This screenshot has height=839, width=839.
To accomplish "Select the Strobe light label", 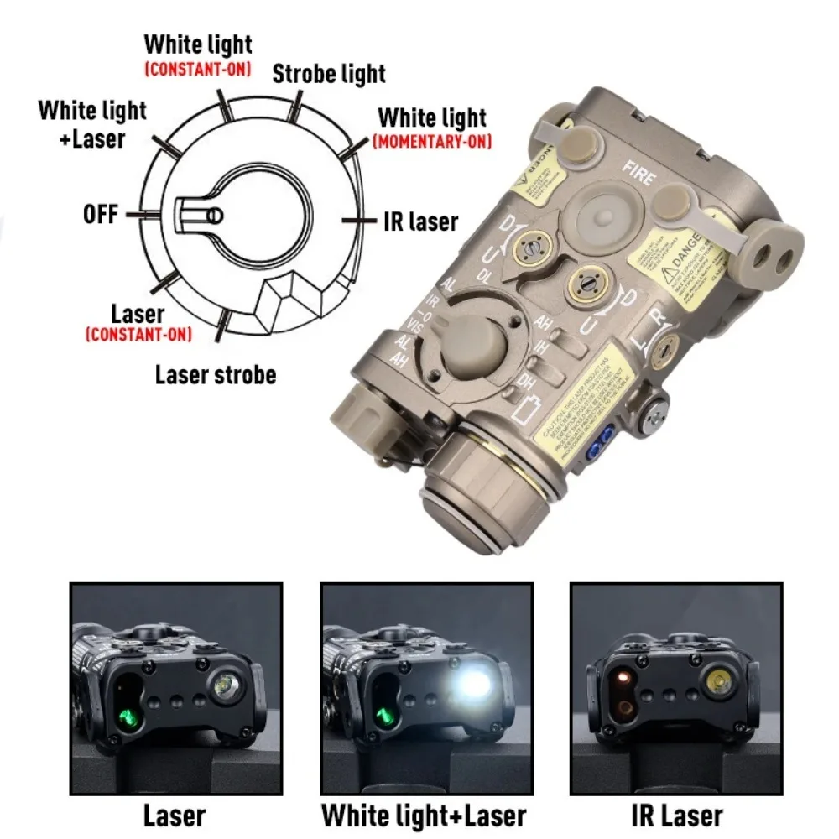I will pos(329,74).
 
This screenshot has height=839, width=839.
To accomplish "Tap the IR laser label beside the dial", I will pos(420,221).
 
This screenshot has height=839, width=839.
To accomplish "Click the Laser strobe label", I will pos(215,373).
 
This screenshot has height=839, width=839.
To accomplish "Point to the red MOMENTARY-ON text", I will pos(432,141).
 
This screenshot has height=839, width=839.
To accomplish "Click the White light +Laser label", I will pos(92,123).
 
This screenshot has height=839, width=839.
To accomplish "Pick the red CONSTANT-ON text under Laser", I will pos(138,336).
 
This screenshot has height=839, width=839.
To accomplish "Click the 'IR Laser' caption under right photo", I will pos(675,815).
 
